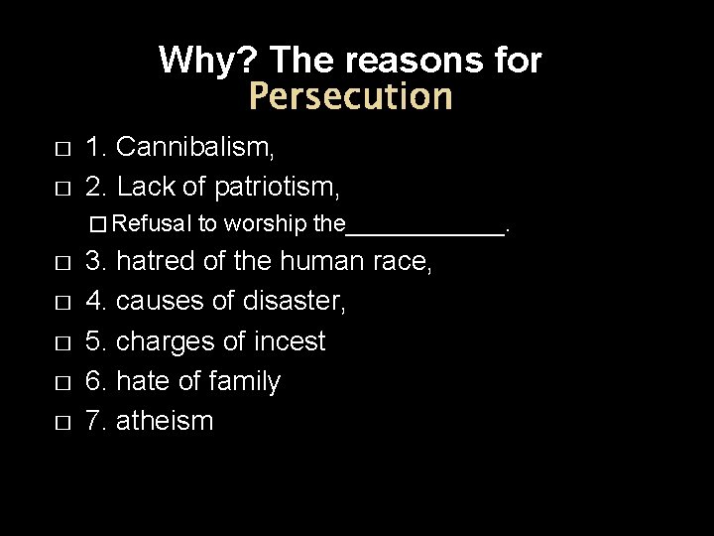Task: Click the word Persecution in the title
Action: point(350,97)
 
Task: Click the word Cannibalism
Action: point(195,148)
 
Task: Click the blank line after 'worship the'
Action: point(424,226)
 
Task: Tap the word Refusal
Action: point(161,224)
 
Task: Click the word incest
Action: point(288,341)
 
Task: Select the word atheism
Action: point(165,421)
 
